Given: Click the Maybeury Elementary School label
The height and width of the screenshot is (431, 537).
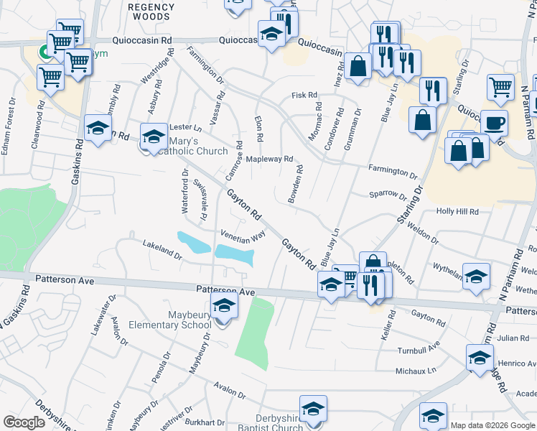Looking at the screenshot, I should (170, 320).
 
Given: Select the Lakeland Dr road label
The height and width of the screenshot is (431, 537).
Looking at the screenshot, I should (162, 249).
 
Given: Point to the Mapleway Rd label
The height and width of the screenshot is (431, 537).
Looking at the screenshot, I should (270, 159).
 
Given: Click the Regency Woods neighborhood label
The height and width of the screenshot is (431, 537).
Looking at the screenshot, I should (151, 11).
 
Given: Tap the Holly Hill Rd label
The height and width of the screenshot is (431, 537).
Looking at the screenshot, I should (457, 212).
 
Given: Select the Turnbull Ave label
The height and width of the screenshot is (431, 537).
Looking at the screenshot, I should (419, 351).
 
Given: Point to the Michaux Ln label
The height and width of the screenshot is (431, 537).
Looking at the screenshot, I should (416, 371).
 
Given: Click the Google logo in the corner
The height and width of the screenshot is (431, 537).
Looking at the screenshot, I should (24, 422).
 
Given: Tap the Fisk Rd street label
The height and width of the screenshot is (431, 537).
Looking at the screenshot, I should (304, 95).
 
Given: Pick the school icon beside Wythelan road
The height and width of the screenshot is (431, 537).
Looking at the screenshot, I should (476, 277).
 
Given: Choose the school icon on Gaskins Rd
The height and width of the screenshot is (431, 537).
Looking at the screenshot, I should (98, 129).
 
